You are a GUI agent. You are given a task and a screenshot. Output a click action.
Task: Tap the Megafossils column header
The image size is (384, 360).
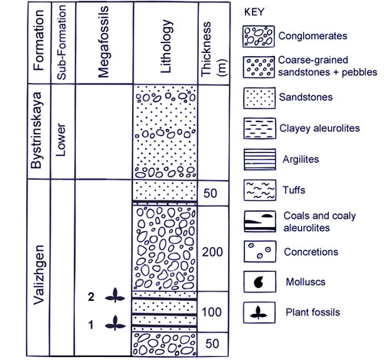click(104, 44)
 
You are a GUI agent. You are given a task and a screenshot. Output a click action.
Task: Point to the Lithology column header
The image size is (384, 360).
click(165, 44)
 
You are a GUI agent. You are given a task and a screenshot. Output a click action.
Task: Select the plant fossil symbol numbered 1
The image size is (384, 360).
click(115, 323)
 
